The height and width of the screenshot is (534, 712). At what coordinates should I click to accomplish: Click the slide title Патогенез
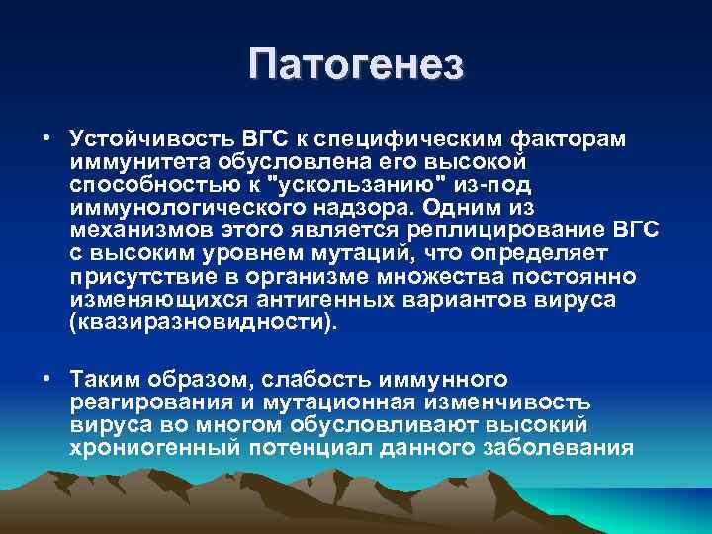click(x=356, y=66)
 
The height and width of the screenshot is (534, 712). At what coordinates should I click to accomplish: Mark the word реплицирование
click(x=510, y=229)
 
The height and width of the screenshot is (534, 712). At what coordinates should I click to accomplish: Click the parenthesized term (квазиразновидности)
click(x=204, y=321)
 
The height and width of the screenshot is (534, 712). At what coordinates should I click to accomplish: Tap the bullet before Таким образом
click(x=46, y=379)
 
